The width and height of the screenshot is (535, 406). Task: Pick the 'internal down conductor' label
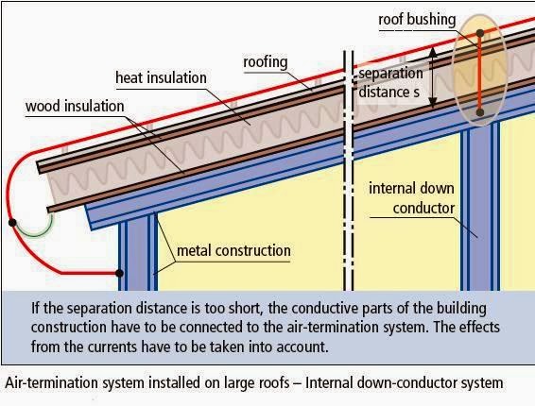(x=415, y=196)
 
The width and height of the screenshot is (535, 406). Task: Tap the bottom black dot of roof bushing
(x=479, y=111)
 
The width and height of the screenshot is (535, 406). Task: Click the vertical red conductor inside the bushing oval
(x=479, y=73)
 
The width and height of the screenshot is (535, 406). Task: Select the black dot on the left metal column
(x=120, y=274)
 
